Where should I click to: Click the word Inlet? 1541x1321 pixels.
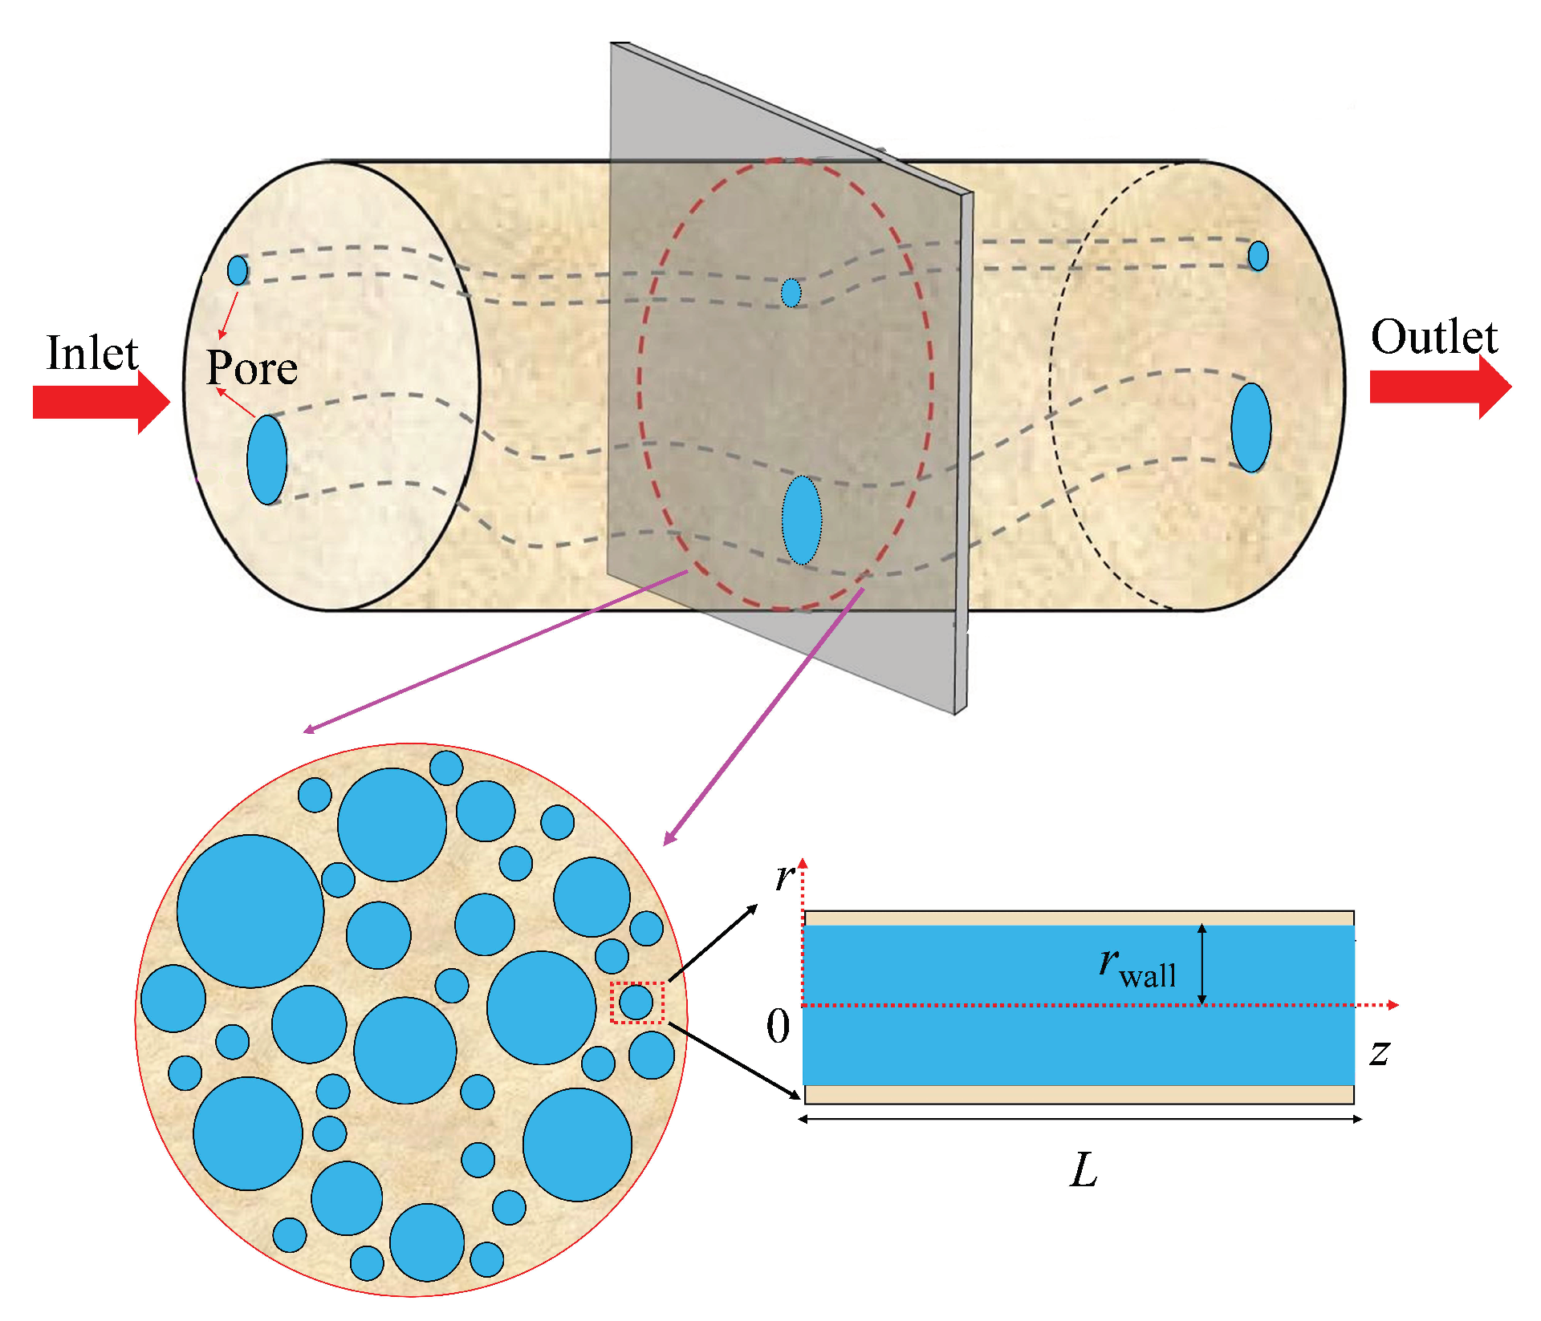(92, 354)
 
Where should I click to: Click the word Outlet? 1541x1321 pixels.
(1433, 337)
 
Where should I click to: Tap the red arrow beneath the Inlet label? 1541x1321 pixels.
(100, 402)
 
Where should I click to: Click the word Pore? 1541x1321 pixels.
(252, 368)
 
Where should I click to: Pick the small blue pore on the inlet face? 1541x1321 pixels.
(238, 270)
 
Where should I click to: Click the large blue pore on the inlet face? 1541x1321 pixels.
(267, 460)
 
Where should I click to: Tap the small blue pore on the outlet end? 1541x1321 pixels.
(1258, 256)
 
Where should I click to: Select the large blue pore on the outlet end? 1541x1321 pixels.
(1250, 428)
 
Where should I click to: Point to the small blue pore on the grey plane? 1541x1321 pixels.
(791, 293)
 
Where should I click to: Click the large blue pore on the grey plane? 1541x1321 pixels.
(802, 520)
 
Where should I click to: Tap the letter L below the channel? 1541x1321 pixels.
(1084, 1170)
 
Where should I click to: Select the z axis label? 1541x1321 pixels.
(1380, 1052)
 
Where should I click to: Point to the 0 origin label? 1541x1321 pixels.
(778, 1027)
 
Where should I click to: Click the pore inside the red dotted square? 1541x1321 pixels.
(636, 1002)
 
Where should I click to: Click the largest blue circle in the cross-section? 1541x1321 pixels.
(250, 911)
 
